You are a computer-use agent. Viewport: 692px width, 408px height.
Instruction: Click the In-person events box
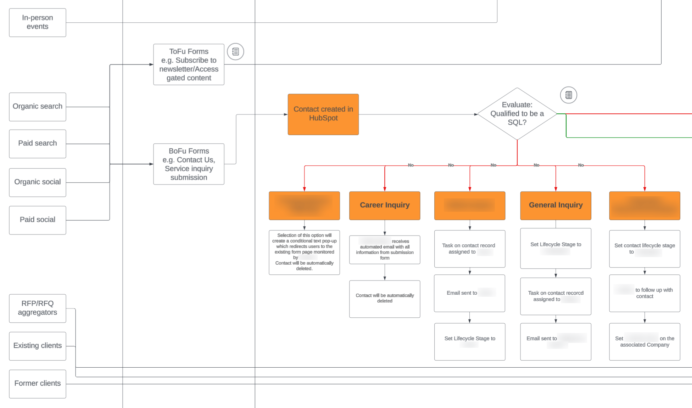pos(38,22)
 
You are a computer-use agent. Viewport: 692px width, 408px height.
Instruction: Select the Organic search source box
pos(38,107)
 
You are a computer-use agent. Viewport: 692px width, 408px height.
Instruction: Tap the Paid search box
pos(38,143)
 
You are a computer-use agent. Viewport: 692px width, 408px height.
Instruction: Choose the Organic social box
pos(38,182)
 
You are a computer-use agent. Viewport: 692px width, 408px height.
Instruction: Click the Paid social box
pos(38,220)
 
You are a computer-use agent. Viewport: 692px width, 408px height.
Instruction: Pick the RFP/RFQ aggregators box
pos(38,308)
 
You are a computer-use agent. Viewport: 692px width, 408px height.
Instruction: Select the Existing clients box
pos(38,346)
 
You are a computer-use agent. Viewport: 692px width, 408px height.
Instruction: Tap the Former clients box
pos(38,384)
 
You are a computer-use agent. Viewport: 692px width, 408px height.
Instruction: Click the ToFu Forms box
pos(189,64)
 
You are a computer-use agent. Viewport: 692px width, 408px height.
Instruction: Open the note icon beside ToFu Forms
pos(235,52)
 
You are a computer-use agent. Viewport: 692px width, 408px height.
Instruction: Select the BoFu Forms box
pos(189,164)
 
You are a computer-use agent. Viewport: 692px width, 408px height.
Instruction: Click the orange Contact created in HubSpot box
pos(323,114)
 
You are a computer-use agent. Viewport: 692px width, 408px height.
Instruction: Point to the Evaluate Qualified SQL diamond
pos(517,114)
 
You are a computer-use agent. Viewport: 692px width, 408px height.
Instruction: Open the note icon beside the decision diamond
pos(568,95)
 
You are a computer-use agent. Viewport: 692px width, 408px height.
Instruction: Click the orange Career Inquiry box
pos(385,205)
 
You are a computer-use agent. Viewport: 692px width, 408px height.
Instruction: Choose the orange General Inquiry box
pos(556,205)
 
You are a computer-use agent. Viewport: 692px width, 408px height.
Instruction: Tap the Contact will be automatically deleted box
pos(385,299)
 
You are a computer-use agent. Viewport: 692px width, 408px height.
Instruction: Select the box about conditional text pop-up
pos(304,252)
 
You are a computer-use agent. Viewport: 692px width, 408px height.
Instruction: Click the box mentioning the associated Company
pos(644,341)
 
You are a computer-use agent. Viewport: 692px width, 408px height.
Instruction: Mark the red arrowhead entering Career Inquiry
pos(385,189)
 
